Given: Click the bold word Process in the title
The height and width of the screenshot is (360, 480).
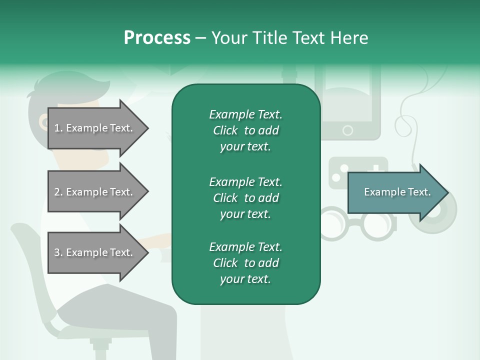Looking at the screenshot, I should (x=157, y=38).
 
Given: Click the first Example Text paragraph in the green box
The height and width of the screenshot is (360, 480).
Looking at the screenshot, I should (x=245, y=130).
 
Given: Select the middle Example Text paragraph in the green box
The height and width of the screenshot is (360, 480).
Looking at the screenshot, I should (x=245, y=198).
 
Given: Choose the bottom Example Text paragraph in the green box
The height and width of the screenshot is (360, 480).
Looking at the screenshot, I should (x=245, y=263).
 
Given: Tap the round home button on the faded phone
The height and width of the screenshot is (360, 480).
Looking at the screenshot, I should (x=347, y=130).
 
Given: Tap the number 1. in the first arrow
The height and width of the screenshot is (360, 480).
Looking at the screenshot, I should (x=58, y=128).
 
